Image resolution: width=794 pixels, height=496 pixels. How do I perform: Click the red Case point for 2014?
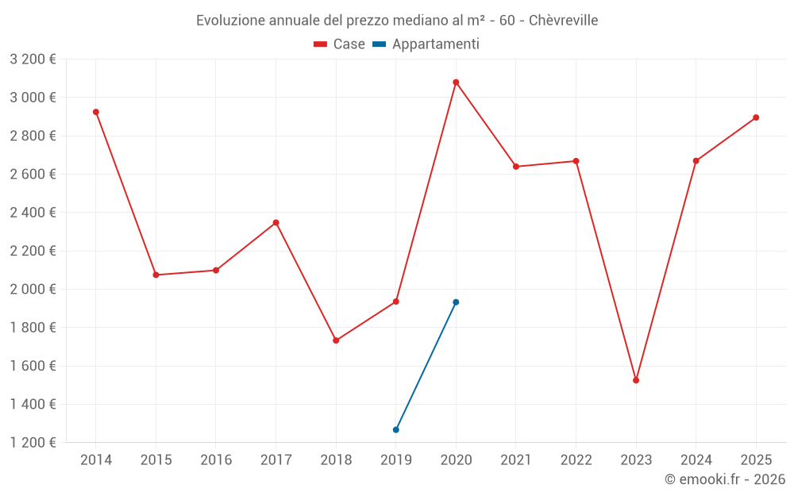coord(96,112)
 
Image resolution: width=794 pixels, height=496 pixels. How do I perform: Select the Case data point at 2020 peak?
coord(456,83)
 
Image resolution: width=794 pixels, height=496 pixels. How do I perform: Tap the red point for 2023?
coord(636,380)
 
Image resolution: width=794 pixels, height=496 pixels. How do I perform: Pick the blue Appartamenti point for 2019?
coord(396,429)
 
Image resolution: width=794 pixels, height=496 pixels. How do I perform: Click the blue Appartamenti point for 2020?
coord(456,302)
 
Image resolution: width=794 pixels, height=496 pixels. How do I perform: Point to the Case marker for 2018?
coord(336,340)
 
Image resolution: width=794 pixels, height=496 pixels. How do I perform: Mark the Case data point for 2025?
coord(756,117)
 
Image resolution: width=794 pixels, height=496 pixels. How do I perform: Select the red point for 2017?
coord(276,222)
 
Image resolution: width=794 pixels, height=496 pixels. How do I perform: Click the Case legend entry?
coord(339,44)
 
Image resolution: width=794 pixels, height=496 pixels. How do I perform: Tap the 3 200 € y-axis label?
coord(33,60)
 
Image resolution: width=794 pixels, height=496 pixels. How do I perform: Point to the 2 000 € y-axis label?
coord(33,290)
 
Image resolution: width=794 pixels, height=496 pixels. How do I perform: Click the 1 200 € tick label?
coord(33,443)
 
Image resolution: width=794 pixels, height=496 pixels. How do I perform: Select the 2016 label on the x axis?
coord(216,460)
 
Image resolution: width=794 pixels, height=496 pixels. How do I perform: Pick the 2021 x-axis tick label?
coord(516,460)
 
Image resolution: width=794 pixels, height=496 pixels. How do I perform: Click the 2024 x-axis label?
coord(696,460)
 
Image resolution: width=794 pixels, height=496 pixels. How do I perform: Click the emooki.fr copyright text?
coord(724,479)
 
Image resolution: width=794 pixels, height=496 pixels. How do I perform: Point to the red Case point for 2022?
coord(576,161)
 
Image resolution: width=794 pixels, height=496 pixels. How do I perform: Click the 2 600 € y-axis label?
coord(33,175)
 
